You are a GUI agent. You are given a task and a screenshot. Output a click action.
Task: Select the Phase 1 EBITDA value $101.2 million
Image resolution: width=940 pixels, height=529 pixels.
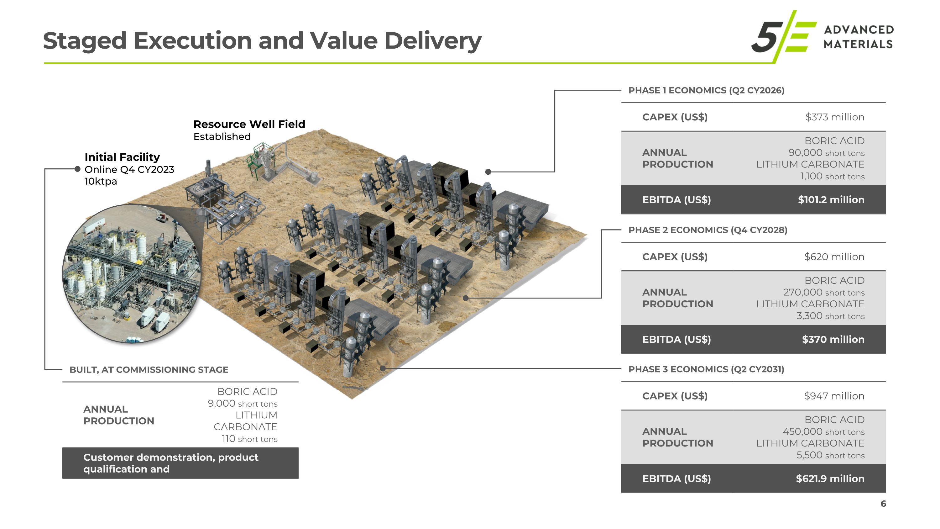[x=831, y=200]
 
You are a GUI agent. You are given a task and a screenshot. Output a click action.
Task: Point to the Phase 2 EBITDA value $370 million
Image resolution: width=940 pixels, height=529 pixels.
[x=833, y=340]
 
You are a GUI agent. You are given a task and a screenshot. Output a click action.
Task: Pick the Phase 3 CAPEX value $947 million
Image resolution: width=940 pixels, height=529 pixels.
[x=834, y=396]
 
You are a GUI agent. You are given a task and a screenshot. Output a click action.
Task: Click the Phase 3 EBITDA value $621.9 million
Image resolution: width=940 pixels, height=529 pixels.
[x=830, y=479]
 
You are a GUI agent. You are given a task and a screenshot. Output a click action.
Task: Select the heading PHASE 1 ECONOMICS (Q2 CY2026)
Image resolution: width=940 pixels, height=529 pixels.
[x=706, y=91]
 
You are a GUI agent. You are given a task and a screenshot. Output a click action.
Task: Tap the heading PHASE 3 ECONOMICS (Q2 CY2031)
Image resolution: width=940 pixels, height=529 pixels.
[x=706, y=369]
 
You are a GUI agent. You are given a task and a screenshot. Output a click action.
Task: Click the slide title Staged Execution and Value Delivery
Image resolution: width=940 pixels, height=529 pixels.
[x=262, y=40]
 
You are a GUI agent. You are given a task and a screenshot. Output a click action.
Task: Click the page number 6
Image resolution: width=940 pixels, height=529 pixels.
[x=883, y=504]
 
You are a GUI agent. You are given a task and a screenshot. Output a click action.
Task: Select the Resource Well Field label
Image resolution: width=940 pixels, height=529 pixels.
[x=249, y=124]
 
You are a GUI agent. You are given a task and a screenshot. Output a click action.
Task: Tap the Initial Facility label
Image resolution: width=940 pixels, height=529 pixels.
[x=122, y=157]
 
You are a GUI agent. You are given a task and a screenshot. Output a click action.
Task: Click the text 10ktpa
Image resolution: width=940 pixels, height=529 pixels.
[x=101, y=182]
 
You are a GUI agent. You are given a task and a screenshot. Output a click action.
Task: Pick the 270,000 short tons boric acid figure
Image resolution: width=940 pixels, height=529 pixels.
[x=823, y=293]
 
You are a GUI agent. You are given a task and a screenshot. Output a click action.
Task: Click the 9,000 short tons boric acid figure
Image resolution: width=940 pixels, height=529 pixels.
[x=243, y=403]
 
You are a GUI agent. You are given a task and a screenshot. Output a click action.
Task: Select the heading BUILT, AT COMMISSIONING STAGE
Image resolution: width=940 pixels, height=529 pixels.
[x=149, y=370]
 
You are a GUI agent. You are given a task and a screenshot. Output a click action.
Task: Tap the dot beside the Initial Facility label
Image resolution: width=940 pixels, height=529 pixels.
[x=77, y=169]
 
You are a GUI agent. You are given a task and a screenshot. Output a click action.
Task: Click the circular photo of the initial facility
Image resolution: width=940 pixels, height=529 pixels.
[x=131, y=274]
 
